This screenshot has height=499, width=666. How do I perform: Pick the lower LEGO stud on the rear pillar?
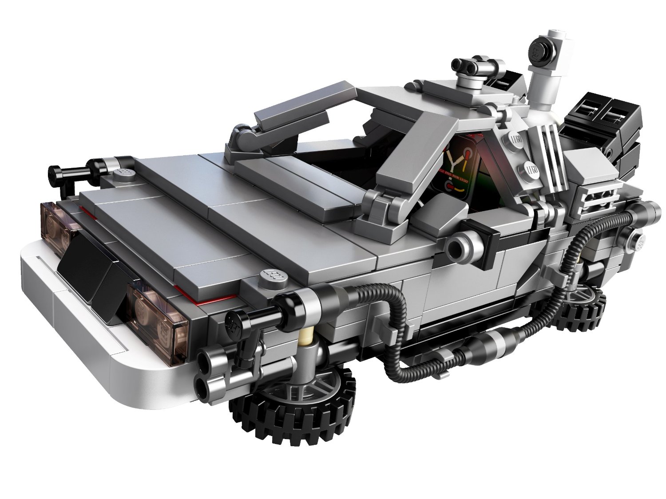(x=531, y=169)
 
